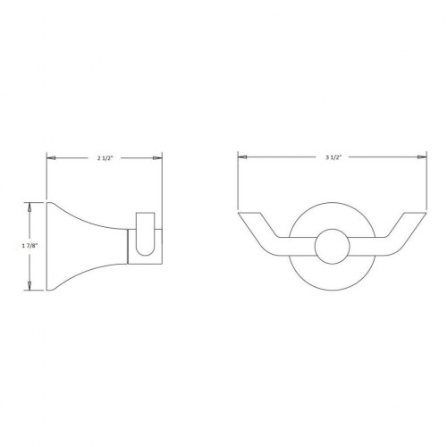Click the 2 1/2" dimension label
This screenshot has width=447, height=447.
click(104, 157)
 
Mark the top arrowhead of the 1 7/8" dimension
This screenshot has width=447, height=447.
click(31, 205)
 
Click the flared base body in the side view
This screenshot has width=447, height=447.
click(80, 245)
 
